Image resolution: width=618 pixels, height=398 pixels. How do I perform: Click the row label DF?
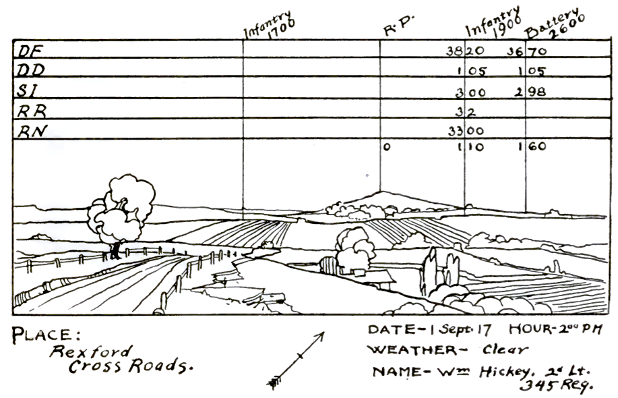coord(28,50)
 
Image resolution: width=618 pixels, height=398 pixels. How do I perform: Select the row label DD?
coord(29,69)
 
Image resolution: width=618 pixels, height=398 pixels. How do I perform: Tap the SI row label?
coord(26,90)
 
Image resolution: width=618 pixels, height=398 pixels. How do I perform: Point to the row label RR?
coord(29,110)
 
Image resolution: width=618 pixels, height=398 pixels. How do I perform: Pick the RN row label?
coord(29,130)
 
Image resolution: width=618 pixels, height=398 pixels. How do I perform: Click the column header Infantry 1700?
coord(269,26)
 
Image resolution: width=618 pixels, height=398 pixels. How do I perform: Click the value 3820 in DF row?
coord(464,51)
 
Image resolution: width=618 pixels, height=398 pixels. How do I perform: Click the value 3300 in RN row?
coord(465,130)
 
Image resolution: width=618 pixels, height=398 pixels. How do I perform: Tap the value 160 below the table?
coord(532,146)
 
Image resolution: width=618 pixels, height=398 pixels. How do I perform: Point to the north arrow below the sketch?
coord(297,360)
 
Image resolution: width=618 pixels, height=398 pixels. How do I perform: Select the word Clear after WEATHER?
coord(505,349)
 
